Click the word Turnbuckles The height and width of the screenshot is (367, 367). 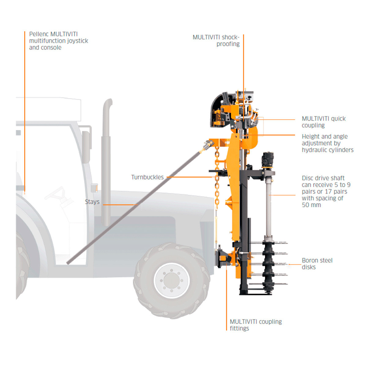(x=147, y=177)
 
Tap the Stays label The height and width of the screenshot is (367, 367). (x=92, y=202)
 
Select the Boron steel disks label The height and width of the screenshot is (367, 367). (x=317, y=264)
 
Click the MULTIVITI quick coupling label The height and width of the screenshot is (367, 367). (x=324, y=122)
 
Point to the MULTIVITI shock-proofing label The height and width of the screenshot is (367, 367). (x=216, y=40)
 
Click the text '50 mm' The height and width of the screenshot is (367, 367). (x=311, y=205)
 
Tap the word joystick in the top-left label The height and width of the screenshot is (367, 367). (x=78, y=41)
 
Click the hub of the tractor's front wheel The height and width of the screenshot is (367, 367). (x=171, y=280)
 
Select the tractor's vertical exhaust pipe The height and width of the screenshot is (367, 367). (x=106, y=162)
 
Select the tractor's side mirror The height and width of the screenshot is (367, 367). (x=86, y=147)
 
